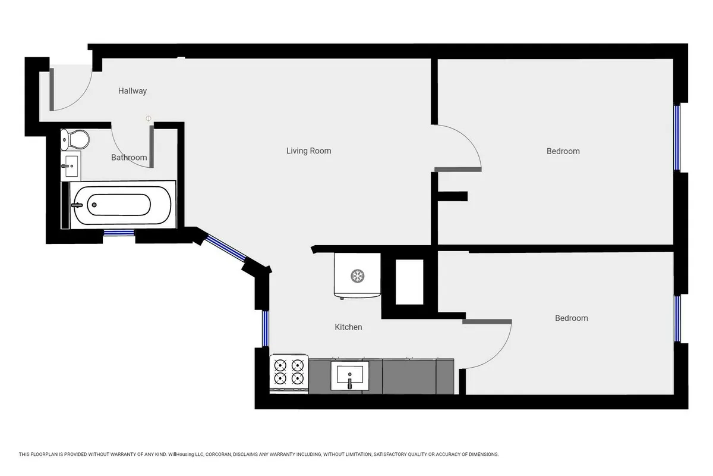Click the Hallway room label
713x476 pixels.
pos(132,91)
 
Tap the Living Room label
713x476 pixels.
pos(308,151)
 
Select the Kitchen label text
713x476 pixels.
pos(348,327)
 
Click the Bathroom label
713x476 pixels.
pos(129,158)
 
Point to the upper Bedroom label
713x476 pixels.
pos(563,151)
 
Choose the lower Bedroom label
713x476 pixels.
pos(571,318)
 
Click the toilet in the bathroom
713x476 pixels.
pos(75,140)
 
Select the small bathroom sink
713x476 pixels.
pos(71,165)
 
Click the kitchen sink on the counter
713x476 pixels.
pos(349,375)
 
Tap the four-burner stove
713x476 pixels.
pos(289,373)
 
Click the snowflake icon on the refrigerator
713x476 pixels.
pos(357,275)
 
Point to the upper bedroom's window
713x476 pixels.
pos(676,138)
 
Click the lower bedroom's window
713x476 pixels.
pos(677,318)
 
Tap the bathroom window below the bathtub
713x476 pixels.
pos(119,233)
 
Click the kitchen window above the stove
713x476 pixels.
pos(266,328)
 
